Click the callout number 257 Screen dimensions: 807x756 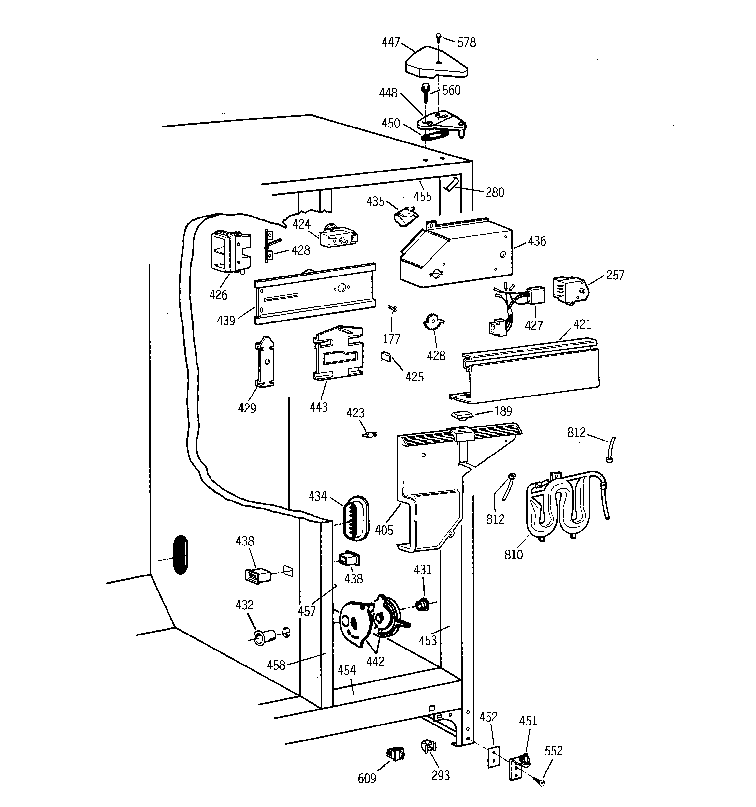tap(615, 275)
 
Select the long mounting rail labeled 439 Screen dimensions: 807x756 tap(315, 294)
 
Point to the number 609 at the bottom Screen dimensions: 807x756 tap(367, 778)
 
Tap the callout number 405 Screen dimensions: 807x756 tap(384, 530)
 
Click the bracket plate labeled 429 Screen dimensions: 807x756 tap(265, 361)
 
